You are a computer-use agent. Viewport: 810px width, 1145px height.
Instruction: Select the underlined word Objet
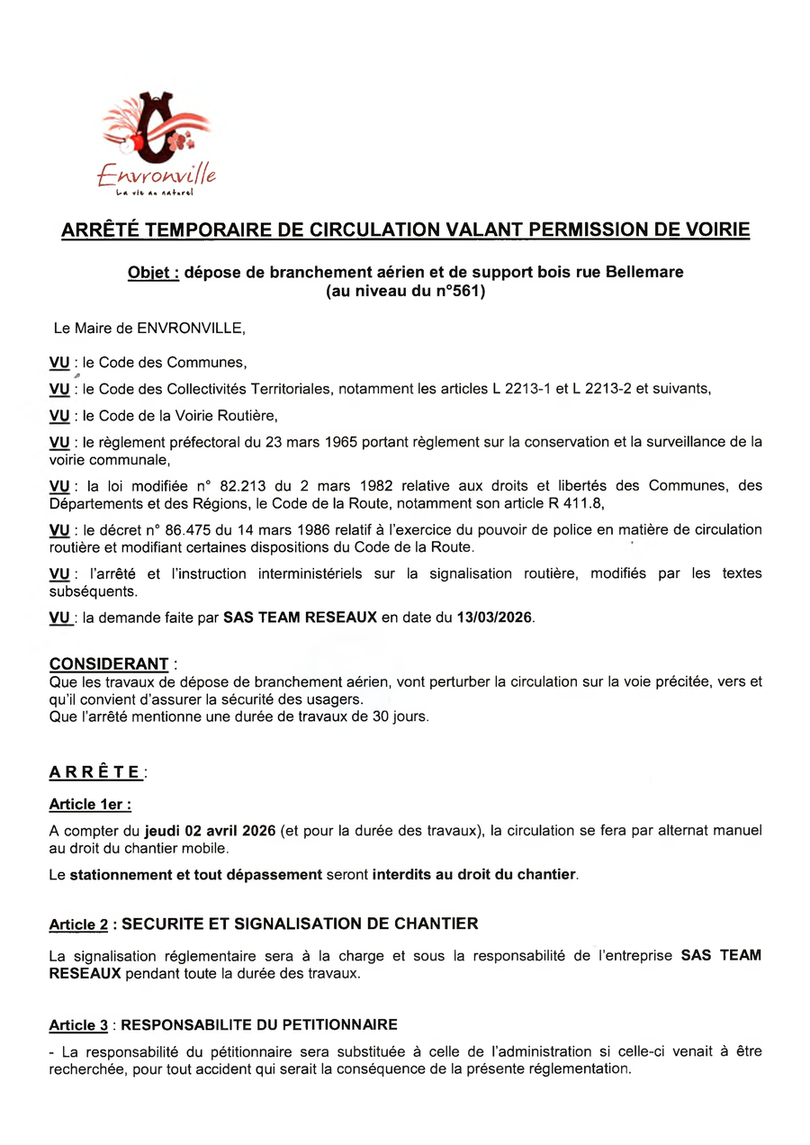tap(152, 272)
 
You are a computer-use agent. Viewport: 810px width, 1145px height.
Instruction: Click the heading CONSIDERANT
tap(109, 664)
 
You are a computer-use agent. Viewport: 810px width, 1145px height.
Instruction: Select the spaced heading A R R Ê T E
tap(95, 772)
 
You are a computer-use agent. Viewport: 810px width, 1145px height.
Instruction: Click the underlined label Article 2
tap(84, 924)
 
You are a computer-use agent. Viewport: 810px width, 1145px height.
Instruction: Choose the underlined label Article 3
tap(84, 1025)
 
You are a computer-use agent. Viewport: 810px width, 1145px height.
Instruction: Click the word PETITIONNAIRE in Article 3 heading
tap(346, 1025)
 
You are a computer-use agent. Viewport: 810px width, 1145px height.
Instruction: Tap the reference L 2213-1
tap(523, 389)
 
